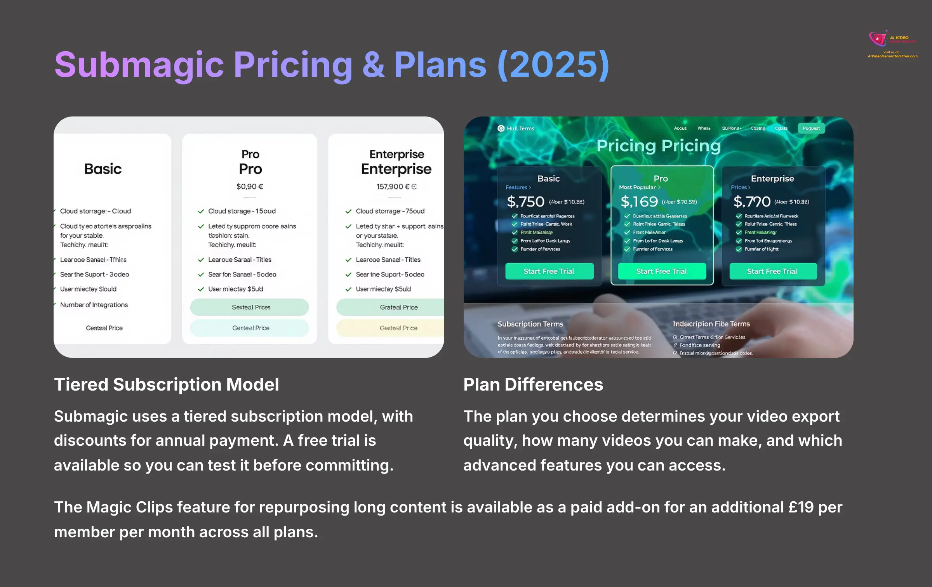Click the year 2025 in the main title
pyautogui.click(x=553, y=65)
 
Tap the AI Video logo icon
pyautogui.click(x=878, y=38)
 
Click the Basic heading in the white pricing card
pyautogui.click(x=103, y=169)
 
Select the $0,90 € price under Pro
pyautogui.click(x=250, y=187)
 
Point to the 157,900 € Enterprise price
pyautogui.click(x=396, y=187)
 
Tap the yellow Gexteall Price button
pyautogui.click(x=398, y=328)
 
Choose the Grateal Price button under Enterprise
pyautogui.click(x=398, y=307)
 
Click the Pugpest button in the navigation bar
pyautogui.click(x=811, y=129)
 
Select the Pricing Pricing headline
pyautogui.click(x=659, y=146)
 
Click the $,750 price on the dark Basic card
pyautogui.click(x=525, y=201)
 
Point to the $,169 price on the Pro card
pyautogui.click(x=639, y=201)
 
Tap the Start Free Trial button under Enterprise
pyautogui.click(x=772, y=271)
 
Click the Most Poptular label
pyautogui.click(x=637, y=188)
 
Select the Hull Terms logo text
pyautogui.click(x=520, y=129)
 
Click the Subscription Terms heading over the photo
pyautogui.click(x=530, y=324)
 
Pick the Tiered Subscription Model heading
pyautogui.click(x=167, y=385)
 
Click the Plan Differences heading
pyautogui.click(x=533, y=385)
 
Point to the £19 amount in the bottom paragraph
pyautogui.click(x=801, y=507)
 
